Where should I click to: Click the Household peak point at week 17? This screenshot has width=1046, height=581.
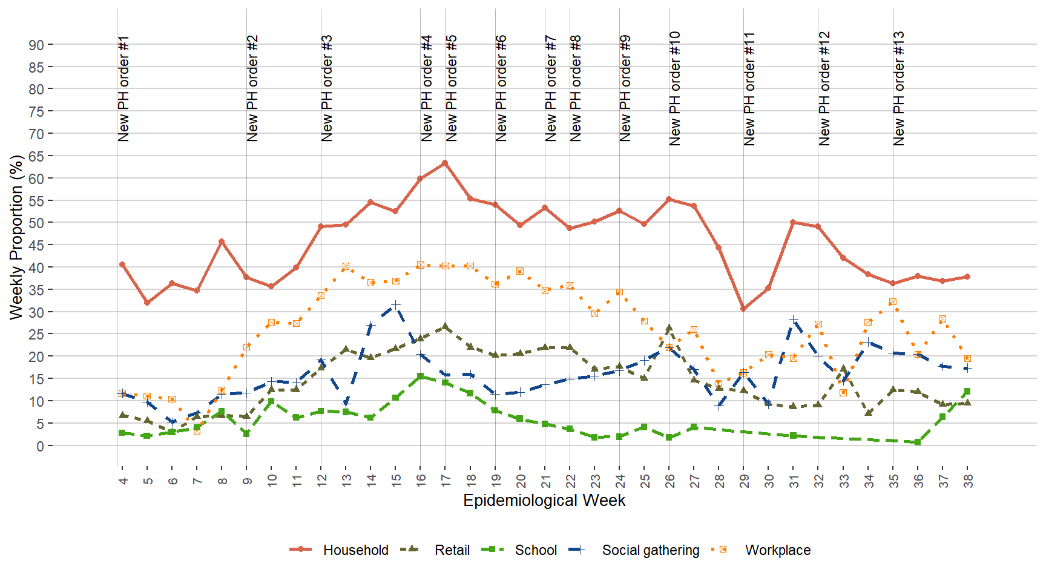445,163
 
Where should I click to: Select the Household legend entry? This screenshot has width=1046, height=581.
355,550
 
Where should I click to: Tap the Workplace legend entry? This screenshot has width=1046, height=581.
777,550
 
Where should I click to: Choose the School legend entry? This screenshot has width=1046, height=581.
535,550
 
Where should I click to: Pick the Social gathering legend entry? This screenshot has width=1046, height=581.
650,550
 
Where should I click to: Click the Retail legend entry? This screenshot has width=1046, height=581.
452,550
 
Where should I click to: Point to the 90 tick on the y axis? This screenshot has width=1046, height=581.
36,45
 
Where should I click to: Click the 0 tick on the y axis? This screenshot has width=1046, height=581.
40,446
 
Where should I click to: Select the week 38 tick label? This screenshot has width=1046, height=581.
967,481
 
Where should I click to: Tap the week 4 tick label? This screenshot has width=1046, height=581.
123,481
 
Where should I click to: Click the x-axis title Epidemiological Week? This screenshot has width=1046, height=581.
544,501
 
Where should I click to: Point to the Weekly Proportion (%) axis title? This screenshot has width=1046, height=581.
16,237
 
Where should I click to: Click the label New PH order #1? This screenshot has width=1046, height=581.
123,88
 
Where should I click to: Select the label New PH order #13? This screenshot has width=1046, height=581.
899,88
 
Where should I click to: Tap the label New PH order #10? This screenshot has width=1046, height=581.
675,88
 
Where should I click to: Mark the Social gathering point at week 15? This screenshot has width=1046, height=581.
395,305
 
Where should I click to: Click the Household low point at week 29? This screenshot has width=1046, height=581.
743,309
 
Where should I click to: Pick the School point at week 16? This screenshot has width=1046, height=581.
420,376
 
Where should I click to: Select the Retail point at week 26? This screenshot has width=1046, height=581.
669,329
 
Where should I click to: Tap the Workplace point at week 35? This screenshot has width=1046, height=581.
892,302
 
